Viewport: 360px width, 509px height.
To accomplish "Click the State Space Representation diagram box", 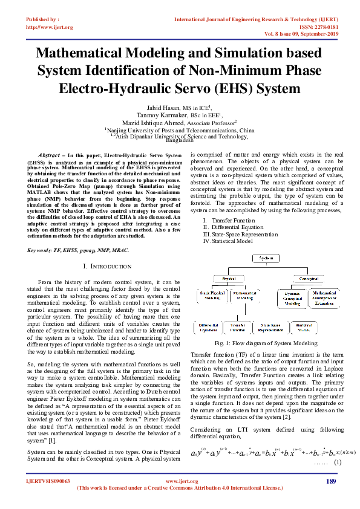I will (278, 327).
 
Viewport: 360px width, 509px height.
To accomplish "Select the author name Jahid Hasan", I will (152, 106).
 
